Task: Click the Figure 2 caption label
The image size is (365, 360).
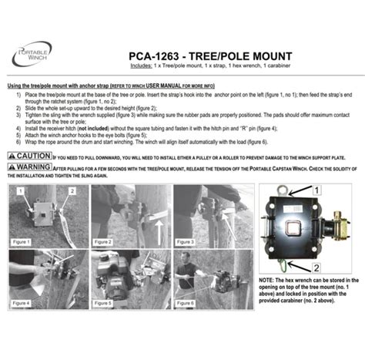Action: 104,241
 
